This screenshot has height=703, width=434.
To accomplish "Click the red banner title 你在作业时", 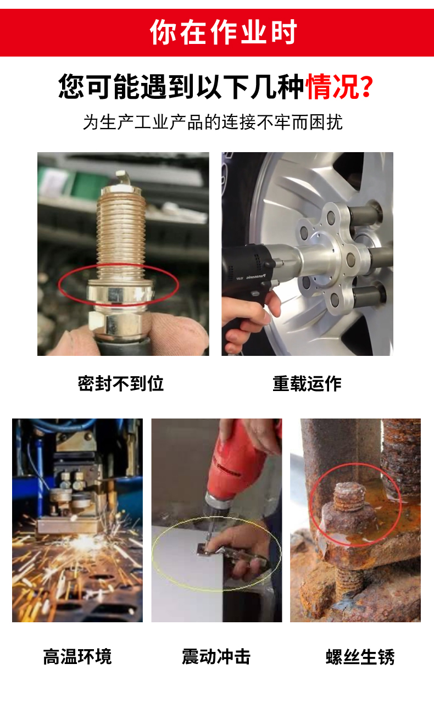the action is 223,32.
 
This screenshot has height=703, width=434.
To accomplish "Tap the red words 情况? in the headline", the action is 339,87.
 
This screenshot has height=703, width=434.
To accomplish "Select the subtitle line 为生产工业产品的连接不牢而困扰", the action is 213,122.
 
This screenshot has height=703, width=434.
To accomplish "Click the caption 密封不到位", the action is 121,383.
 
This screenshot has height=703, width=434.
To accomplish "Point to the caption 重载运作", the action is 307,383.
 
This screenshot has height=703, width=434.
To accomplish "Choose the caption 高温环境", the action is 77,656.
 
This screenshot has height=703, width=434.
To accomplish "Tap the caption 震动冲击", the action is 216,656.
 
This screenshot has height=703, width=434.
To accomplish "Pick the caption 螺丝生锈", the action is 360,656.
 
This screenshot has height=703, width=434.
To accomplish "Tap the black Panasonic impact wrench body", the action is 248,270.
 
